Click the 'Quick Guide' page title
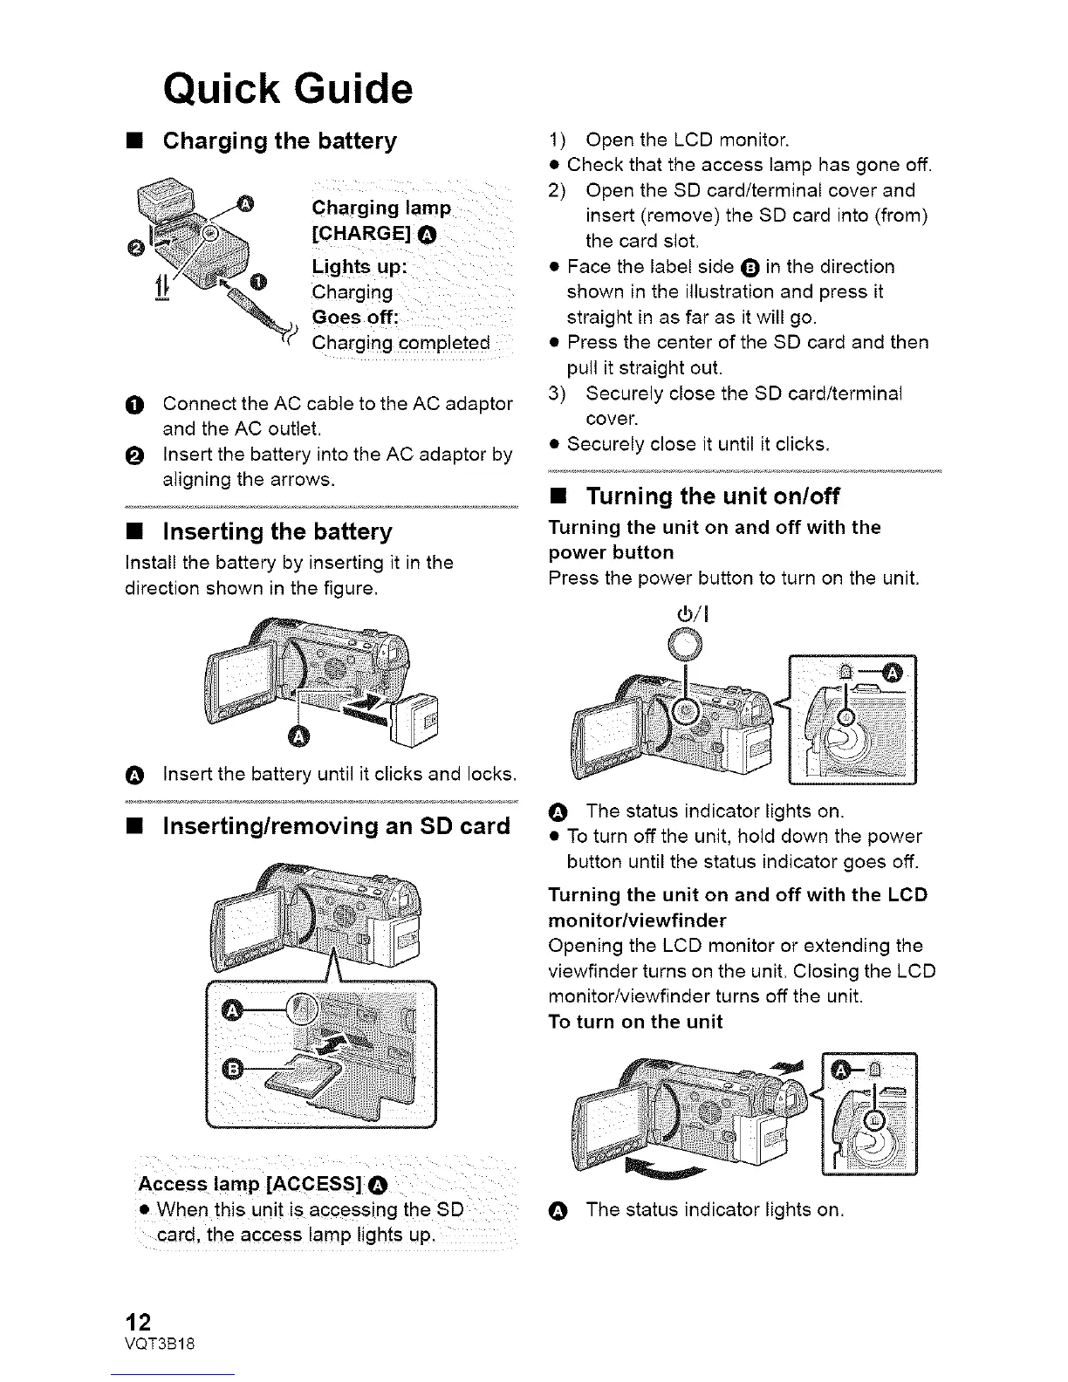(x=287, y=89)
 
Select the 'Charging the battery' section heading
(x=279, y=140)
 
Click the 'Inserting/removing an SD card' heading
(x=336, y=825)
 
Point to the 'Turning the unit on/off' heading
(x=713, y=496)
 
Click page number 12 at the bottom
(x=140, y=1322)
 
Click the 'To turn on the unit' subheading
(x=634, y=1022)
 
